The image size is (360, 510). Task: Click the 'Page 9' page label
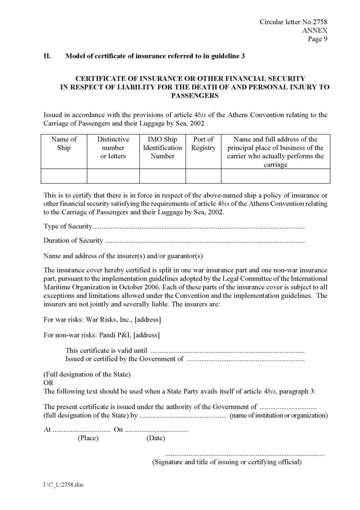click(318, 39)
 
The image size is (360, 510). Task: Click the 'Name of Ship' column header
click(64, 144)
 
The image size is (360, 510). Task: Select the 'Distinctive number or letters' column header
click(113, 147)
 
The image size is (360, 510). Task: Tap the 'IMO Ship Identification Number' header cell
click(162, 147)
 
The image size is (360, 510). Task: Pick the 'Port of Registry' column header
click(203, 144)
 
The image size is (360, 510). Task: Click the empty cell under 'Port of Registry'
click(203, 175)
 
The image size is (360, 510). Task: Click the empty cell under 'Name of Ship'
click(64, 175)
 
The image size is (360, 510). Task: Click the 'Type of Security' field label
click(66, 227)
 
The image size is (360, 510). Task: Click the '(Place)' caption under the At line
click(88, 438)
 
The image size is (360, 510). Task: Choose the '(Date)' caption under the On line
click(155, 438)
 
